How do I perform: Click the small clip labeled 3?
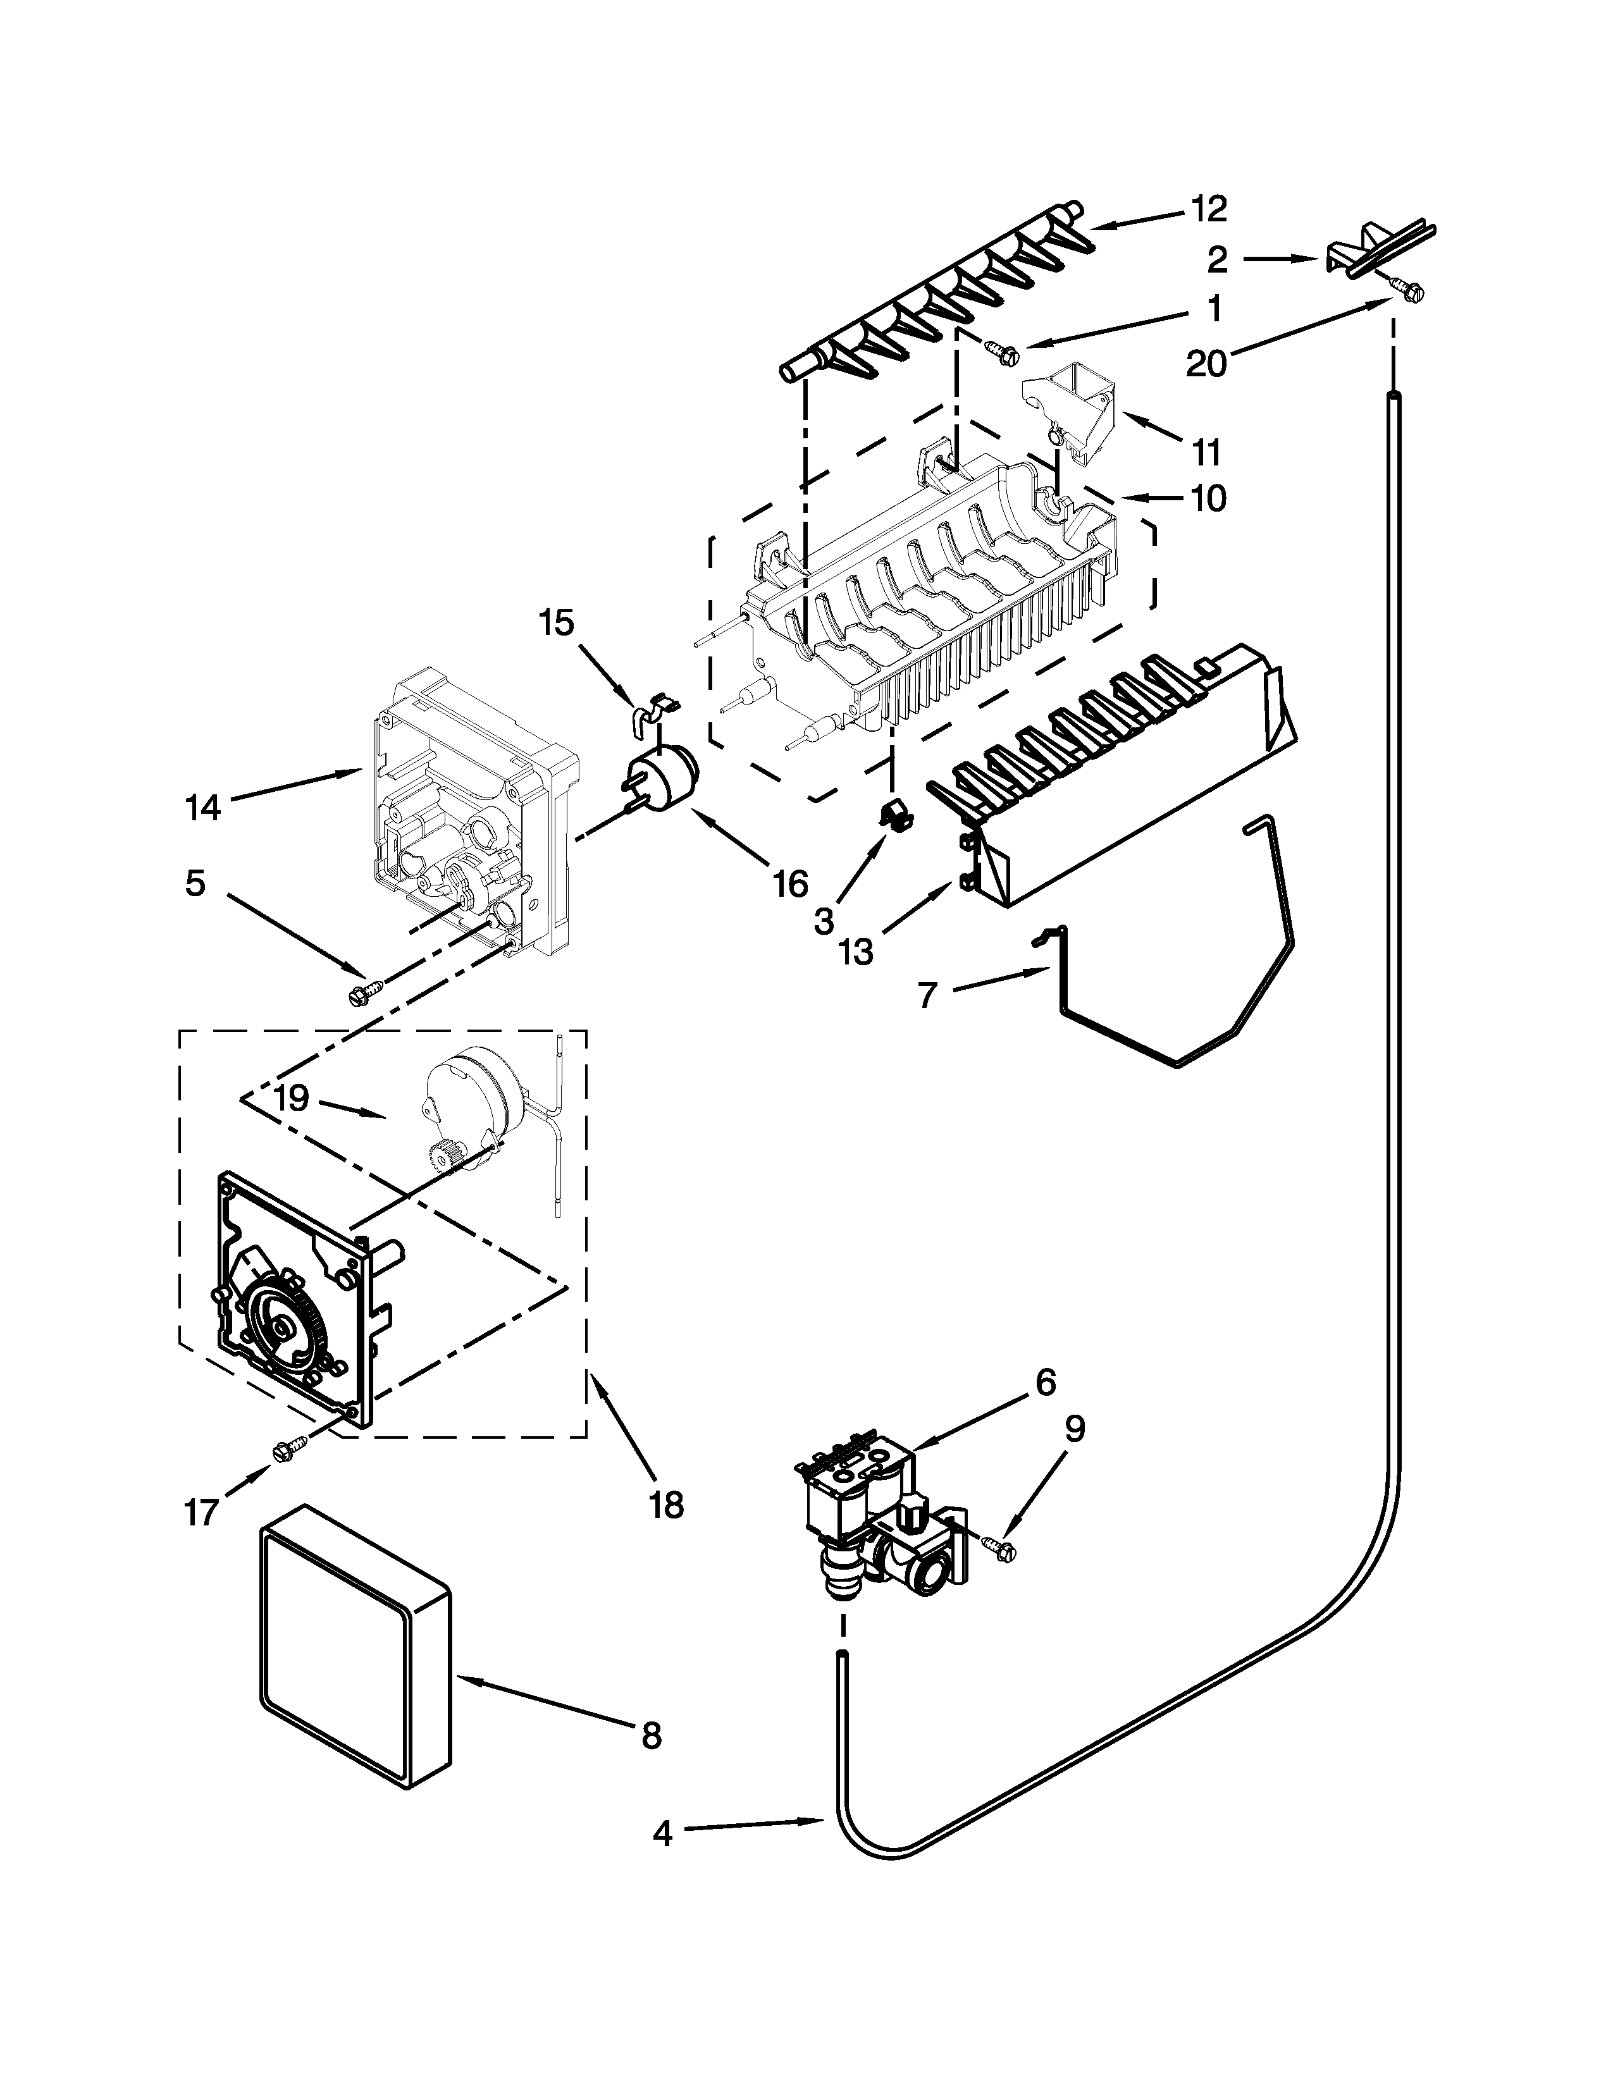894,814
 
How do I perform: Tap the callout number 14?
202,808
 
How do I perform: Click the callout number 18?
666,1505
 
